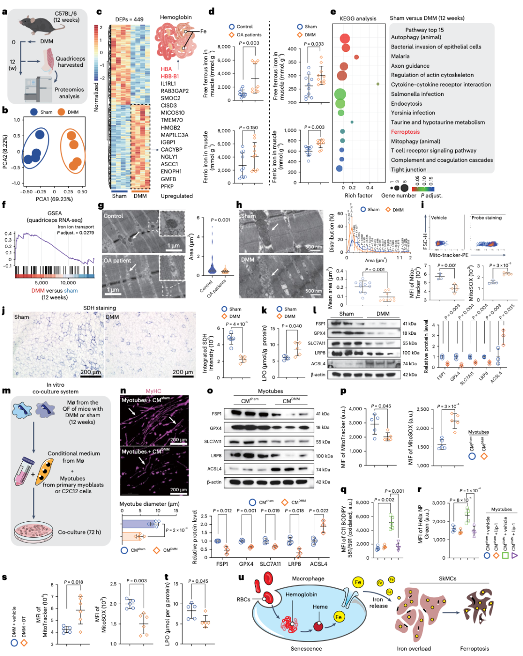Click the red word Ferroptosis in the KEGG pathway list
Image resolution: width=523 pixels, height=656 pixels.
(405, 132)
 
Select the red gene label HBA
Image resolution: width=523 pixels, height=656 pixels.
(166, 69)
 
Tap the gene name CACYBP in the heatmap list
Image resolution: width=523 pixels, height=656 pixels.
(171, 150)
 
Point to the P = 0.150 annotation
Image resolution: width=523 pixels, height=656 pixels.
(248, 128)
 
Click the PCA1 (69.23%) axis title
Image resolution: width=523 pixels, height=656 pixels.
(54, 199)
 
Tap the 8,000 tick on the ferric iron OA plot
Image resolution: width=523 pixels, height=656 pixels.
(224, 131)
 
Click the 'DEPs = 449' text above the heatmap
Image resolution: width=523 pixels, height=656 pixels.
(129, 19)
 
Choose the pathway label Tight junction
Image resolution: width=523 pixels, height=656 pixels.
(409, 170)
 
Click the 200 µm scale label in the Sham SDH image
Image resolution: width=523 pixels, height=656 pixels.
(91, 372)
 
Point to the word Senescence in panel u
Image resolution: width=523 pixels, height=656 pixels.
(306, 649)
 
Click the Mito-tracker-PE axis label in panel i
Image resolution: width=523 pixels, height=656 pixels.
(448, 255)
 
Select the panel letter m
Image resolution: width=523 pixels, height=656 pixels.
(6, 390)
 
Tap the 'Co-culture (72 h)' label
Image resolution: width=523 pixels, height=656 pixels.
(79, 532)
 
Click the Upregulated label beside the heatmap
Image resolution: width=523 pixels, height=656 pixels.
(177, 196)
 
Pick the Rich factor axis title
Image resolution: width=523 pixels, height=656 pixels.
(358, 196)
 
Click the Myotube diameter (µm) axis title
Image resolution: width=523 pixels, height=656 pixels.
(149, 504)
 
